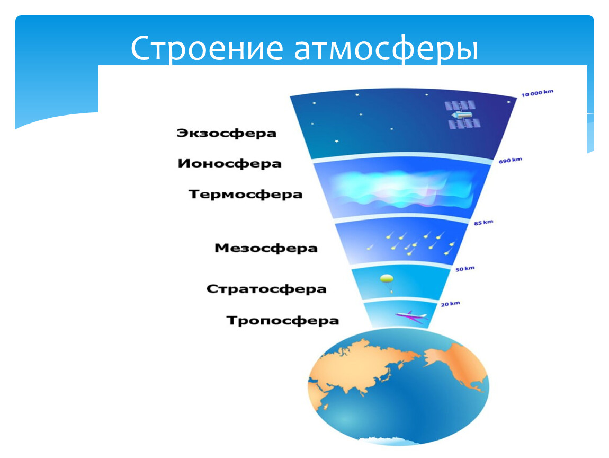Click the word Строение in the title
coord(207,49)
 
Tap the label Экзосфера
coord(227,133)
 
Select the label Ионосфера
coord(229,164)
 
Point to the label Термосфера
coord(246,195)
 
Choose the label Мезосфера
coord(266,248)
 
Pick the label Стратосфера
coord(266,289)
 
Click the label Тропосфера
coord(283,321)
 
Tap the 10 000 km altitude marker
coord(537,93)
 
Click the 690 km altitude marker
coord(511,160)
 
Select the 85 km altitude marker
coord(483,223)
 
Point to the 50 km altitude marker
coord(465,269)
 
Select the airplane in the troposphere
coord(411,315)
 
